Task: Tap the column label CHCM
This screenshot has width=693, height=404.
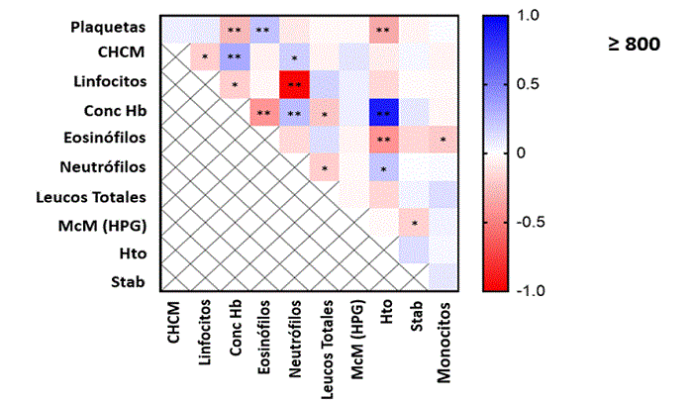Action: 174,326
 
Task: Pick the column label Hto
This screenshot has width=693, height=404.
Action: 384,319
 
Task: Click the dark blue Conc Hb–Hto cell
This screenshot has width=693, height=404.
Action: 383,112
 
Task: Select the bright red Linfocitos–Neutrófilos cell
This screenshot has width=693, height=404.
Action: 294,85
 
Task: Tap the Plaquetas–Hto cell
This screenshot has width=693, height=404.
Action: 383,30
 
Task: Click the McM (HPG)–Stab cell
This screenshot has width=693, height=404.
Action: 414,224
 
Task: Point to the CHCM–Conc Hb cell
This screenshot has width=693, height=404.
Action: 235,57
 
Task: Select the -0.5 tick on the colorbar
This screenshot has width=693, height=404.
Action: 529,221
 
